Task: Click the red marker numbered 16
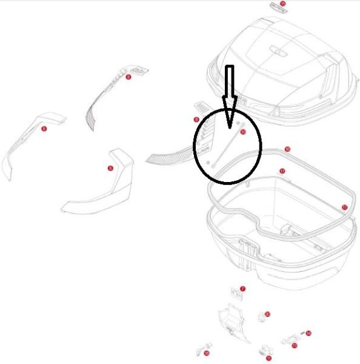click(287, 149)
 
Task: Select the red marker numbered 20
click(267, 314)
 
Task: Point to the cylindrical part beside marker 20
click(261, 317)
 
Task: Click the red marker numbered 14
click(308, 333)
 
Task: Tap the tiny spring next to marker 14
click(302, 334)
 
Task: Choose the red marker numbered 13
click(295, 346)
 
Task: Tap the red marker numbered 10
click(206, 352)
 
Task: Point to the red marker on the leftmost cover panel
click(44, 129)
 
